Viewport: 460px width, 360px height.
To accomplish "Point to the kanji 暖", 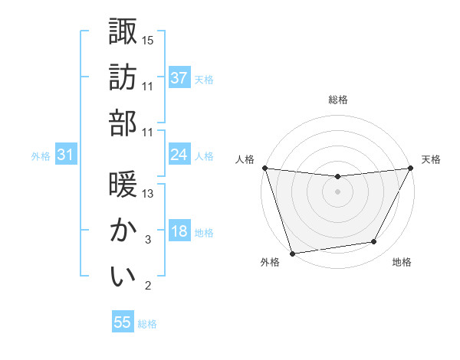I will click(123, 185).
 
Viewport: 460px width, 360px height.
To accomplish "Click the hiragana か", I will click(123, 230).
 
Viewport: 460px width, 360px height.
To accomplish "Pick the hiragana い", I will click(123, 276).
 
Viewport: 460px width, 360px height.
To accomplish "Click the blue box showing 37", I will click(179, 77).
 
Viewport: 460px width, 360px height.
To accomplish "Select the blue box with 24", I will click(179, 155).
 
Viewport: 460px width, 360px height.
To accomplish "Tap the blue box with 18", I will click(179, 231).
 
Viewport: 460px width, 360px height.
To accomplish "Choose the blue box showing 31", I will click(66, 155).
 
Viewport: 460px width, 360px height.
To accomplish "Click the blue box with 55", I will click(123, 322).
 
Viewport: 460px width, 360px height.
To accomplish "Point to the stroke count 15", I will click(148, 40).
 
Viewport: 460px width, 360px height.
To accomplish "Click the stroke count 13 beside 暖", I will click(148, 194).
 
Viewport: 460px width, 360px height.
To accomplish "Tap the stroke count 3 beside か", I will click(147, 240).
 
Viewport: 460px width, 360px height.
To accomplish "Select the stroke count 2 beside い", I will click(147, 286).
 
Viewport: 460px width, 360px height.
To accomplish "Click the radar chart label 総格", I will click(337, 100).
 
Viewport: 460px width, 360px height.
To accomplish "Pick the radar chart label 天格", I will click(431, 159).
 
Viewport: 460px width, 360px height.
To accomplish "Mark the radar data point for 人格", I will click(264, 168).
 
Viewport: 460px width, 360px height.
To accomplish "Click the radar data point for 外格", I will click(292, 253).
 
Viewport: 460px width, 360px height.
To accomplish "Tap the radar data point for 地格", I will click(374, 242).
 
